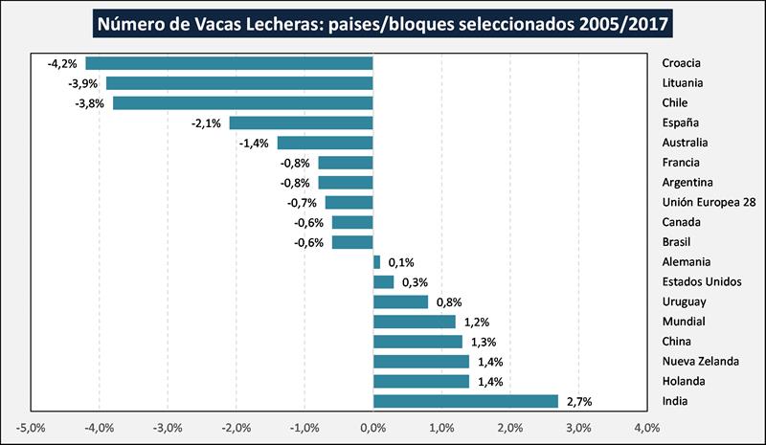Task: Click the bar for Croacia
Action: coord(229,63)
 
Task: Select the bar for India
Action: coord(465,401)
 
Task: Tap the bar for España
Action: coord(301,122)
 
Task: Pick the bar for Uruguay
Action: coord(400,301)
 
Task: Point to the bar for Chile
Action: coord(242,102)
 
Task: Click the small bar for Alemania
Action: coord(376,261)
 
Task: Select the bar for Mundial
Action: coord(414,322)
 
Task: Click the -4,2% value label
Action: coord(61,63)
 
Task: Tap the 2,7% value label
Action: coord(579,401)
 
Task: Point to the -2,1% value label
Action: coord(206,122)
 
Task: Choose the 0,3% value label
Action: coord(415,281)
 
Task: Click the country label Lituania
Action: coord(684,83)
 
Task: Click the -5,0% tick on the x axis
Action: coord(31,427)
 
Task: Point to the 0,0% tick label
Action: coord(372,427)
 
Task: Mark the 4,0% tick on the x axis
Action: coord(645,427)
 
